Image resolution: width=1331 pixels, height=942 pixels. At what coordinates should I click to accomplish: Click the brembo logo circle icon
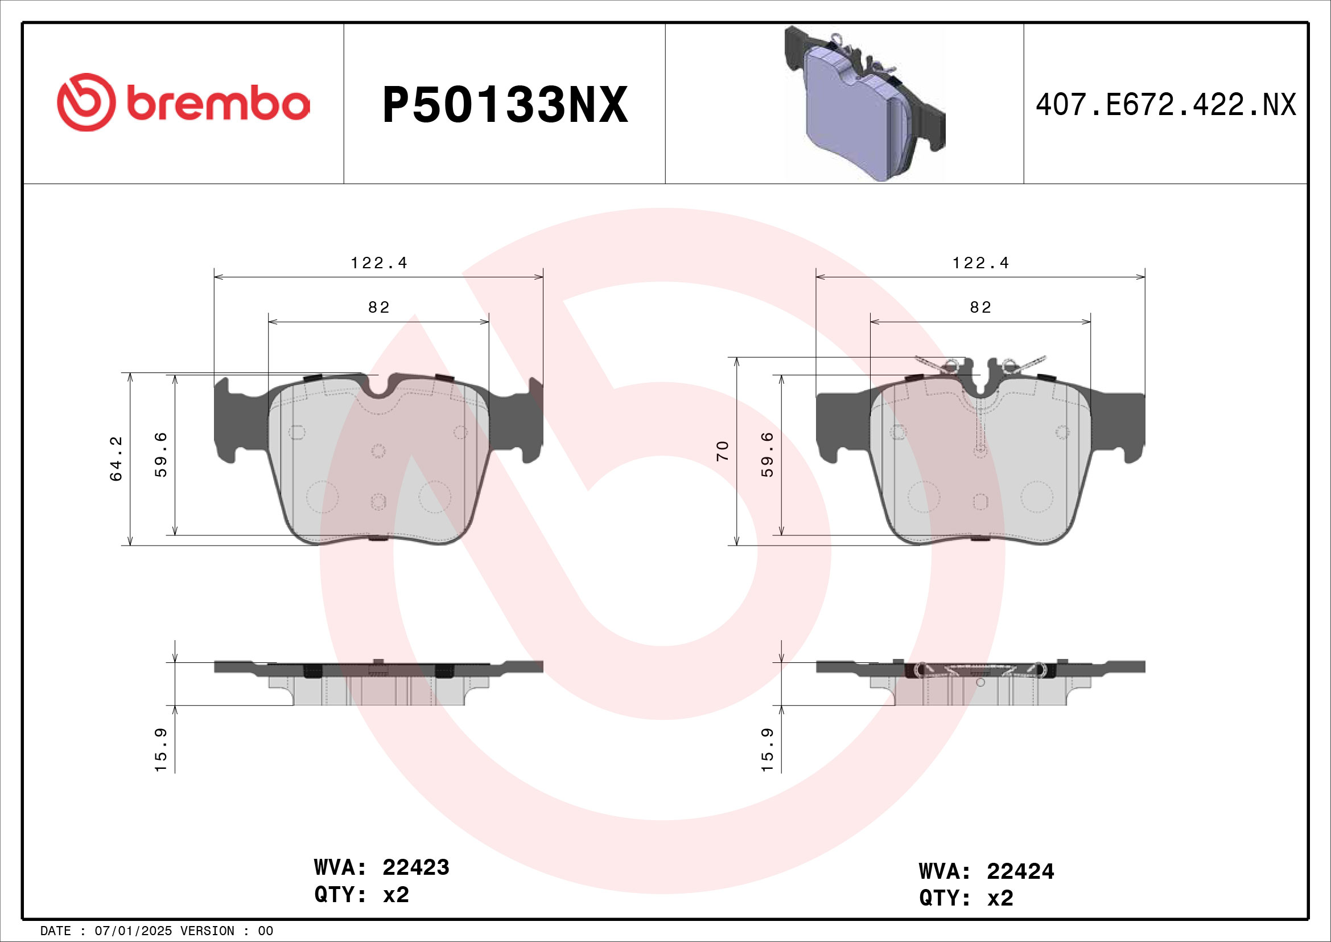tap(86, 103)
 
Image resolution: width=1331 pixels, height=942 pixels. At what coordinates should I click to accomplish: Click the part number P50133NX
tap(504, 105)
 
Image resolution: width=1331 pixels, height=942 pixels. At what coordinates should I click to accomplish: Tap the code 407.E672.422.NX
tap(1165, 105)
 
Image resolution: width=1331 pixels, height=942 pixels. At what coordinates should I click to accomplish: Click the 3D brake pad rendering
tap(864, 104)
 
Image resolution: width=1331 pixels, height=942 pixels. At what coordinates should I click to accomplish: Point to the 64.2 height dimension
tap(117, 458)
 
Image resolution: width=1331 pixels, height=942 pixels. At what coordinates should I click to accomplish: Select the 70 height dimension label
tap(722, 450)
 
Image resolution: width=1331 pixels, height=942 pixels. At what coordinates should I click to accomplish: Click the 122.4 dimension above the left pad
tap(378, 263)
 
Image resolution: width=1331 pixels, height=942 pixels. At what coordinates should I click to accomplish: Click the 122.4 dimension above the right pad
tap(980, 263)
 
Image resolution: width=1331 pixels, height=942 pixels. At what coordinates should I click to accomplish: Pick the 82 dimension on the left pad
tap(378, 308)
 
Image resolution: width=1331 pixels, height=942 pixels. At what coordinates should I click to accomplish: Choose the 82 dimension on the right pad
tap(980, 308)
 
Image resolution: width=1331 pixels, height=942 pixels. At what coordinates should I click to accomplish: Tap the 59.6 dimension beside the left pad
tap(161, 454)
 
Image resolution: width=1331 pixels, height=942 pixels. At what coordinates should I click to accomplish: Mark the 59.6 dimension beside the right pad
tap(768, 454)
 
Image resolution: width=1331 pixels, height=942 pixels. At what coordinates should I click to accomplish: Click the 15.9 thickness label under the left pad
tap(161, 749)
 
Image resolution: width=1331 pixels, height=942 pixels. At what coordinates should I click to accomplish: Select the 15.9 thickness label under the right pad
tap(768, 749)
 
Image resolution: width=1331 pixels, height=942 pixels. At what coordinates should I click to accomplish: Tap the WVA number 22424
tap(1020, 871)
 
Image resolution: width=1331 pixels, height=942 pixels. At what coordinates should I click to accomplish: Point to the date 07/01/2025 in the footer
tap(133, 931)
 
